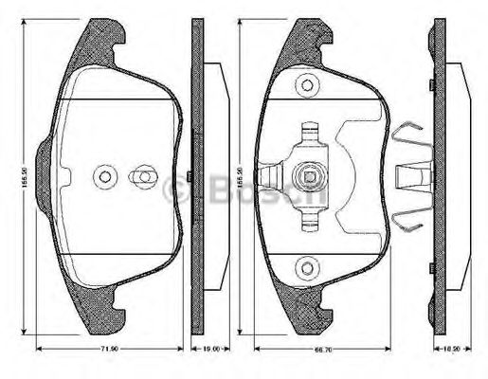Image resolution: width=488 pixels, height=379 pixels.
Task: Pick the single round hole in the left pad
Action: click(x=104, y=176)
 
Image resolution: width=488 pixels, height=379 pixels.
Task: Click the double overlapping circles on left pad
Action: click(x=142, y=176)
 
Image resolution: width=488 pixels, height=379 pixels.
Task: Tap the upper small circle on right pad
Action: click(x=307, y=86)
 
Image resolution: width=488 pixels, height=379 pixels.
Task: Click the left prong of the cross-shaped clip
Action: click(x=272, y=176)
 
